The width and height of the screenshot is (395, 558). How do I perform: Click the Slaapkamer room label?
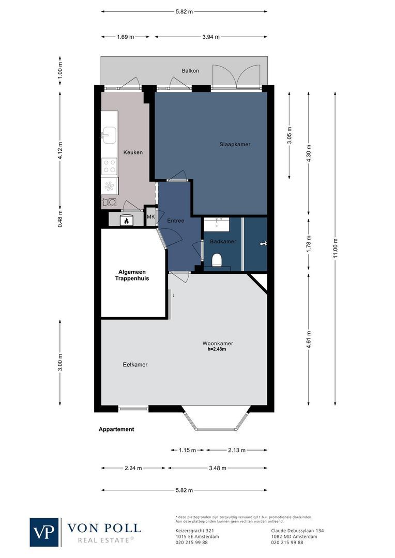click(235, 144)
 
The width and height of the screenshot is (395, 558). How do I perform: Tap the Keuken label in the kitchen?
click(132, 152)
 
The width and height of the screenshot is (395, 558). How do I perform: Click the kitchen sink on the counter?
click(109, 135)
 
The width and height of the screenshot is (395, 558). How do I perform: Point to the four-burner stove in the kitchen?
click(110, 166)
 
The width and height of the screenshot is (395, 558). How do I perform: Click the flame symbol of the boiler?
click(126, 221)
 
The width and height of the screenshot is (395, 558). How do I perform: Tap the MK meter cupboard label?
click(151, 217)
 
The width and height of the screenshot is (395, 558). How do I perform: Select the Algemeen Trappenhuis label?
click(132, 275)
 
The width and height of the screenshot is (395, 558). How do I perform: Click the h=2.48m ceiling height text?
click(217, 349)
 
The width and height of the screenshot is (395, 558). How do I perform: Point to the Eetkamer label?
click(135, 364)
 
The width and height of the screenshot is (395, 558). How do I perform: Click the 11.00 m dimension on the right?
click(336, 248)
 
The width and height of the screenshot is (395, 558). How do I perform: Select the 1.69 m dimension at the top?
click(125, 37)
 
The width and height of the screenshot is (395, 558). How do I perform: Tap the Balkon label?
click(190, 71)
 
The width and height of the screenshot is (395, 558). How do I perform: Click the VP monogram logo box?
click(44, 532)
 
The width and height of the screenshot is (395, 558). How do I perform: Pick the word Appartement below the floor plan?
click(116, 429)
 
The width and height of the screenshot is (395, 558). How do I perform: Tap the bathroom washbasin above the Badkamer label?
click(217, 225)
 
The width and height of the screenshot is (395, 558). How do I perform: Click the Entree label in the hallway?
click(176, 221)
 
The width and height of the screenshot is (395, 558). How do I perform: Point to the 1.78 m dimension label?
click(309, 242)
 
